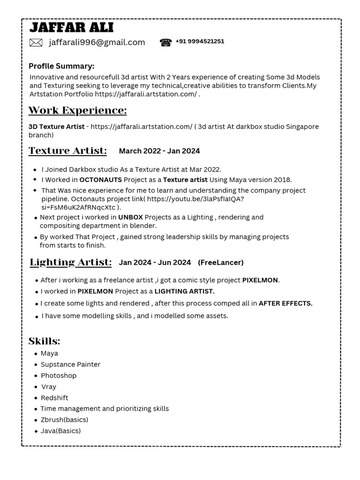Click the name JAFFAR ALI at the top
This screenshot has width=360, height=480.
(x=71, y=27)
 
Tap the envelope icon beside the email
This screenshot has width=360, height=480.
(x=36, y=43)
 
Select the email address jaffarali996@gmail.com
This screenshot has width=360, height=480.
(x=97, y=43)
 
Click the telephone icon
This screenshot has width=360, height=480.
(x=165, y=43)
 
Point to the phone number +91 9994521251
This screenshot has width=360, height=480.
(x=200, y=41)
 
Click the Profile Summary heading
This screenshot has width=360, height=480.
(x=61, y=66)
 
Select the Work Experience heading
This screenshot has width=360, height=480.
(x=77, y=111)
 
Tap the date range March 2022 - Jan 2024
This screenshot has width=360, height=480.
(x=159, y=151)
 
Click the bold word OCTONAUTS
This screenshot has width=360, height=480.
(x=100, y=180)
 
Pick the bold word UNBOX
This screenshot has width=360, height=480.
(x=130, y=217)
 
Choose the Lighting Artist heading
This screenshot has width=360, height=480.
(x=71, y=262)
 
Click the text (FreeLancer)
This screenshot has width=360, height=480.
(x=221, y=262)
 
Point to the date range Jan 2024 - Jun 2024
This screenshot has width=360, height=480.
(x=155, y=262)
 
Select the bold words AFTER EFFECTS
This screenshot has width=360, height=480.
(x=285, y=303)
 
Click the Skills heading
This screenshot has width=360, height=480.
(x=44, y=341)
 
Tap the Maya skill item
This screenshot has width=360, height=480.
(x=49, y=353)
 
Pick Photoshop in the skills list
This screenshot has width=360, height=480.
(x=58, y=375)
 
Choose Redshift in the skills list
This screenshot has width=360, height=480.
(x=54, y=397)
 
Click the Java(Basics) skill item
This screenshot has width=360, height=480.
(x=60, y=431)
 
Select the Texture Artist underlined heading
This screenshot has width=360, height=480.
(x=67, y=150)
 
